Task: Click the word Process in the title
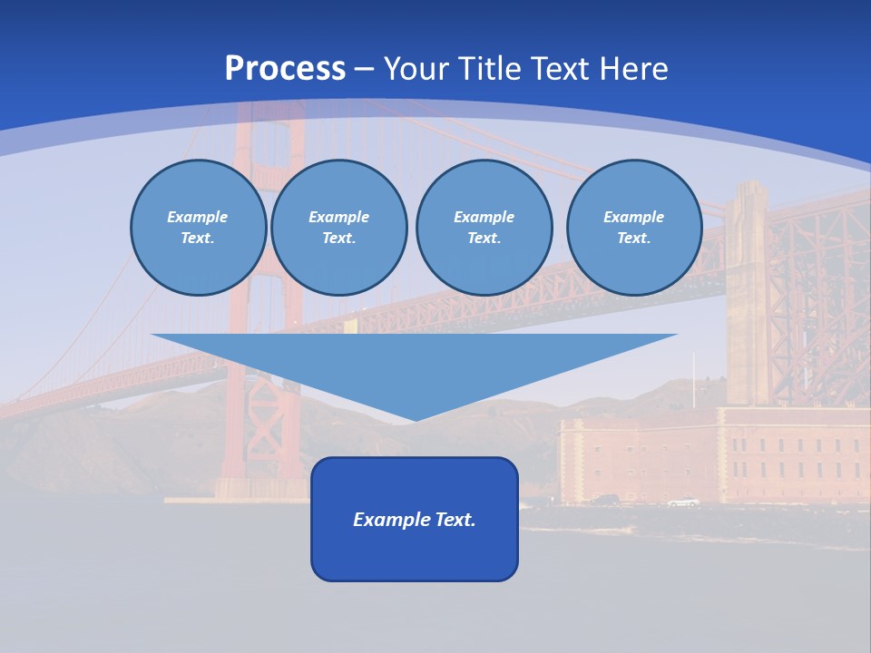(x=285, y=69)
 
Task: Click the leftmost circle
(x=198, y=228)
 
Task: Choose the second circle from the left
(x=338, y=228)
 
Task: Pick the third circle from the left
(x=484, y=228)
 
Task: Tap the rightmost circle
(x=633, y=228)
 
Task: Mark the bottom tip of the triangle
(x=415, y=419)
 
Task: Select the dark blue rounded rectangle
(x=415, y=553)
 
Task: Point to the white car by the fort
(x=682, y=502)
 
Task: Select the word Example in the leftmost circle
(x=198, y=217)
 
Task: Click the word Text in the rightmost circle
(x=633, y=239)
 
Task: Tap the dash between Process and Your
(x=365, y=69)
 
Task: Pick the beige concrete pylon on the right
(x=747, y=290)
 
